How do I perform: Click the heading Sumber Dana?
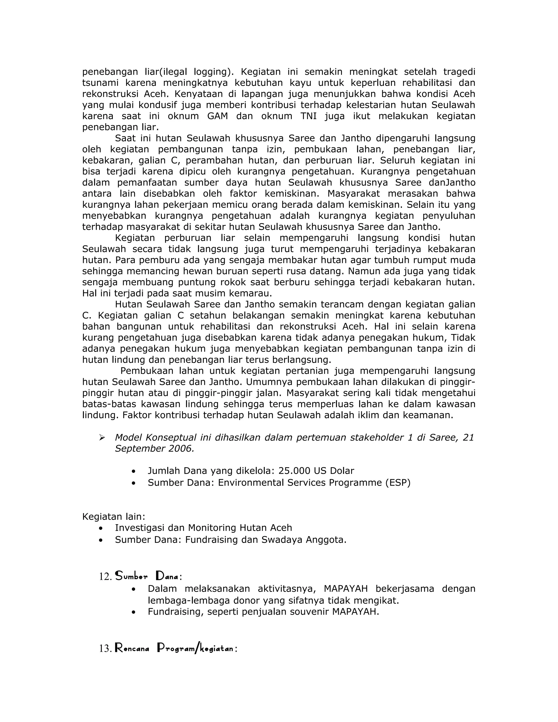tap(147, 576)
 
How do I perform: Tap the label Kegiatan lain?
tap(113, 516)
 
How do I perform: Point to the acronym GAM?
tap(217, 116)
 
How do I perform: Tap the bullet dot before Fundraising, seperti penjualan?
tap(134, 612)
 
